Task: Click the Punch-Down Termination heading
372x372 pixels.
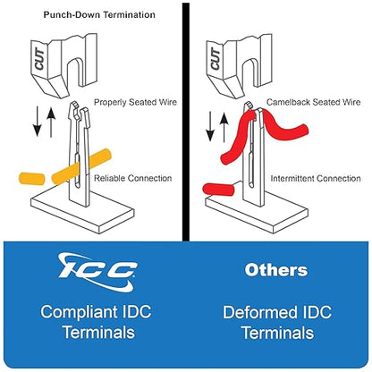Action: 99,15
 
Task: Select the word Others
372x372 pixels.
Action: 275,270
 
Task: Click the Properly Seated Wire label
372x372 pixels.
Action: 135,102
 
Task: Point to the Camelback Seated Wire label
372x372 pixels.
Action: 313,102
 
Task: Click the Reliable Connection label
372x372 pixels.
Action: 133,178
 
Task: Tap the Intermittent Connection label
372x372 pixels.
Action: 316,179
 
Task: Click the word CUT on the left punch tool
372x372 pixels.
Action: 39,59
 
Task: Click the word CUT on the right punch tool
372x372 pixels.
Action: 216,59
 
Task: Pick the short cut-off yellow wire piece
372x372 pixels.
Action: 31,178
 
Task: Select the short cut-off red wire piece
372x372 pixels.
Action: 218,190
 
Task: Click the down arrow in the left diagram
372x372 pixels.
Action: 38,121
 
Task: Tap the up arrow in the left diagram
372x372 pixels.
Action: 51,123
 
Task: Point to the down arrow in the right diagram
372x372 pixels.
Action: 210,126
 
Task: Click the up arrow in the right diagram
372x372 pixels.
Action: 224,128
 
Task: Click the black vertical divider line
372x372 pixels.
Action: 186,122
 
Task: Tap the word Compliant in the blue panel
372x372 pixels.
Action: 79,313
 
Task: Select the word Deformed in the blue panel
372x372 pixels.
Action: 259,313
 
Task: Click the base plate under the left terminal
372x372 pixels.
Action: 82,213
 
